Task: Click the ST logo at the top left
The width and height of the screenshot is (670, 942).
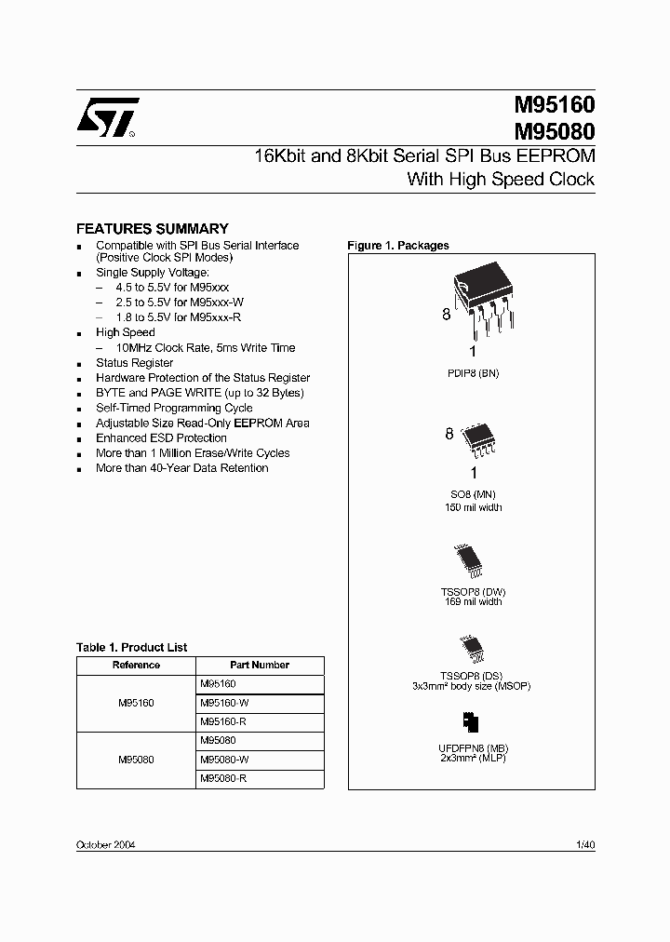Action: tap(106, 118)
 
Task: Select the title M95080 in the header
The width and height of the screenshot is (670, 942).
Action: tap(555, 131)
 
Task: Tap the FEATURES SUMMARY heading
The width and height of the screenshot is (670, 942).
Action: tap(152, 228)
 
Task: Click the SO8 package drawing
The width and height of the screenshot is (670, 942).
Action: tap(478, 441)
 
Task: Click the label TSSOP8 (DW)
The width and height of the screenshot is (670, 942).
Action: tap(472, 592)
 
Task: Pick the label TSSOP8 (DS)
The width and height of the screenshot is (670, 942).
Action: tap(471, 676)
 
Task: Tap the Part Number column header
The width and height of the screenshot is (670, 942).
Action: tap(260, 666)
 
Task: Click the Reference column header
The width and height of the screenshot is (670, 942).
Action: tap(136, 666)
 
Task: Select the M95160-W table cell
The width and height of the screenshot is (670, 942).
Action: tap(224, 703)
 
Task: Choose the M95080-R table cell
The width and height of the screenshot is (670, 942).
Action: tap(223, 778)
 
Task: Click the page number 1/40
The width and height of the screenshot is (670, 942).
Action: tap(585, 844)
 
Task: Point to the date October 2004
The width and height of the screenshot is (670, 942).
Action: tap(104, 844)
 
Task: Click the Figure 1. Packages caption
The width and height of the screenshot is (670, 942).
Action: tap(397, 246)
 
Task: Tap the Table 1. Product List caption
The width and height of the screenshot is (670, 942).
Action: tap(131, 647)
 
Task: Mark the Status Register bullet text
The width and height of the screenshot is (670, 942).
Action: tap(134, 363)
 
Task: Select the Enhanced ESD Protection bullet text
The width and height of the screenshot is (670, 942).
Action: tap(161, 438)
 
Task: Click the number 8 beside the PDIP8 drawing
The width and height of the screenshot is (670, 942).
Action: tap(446, 316)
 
